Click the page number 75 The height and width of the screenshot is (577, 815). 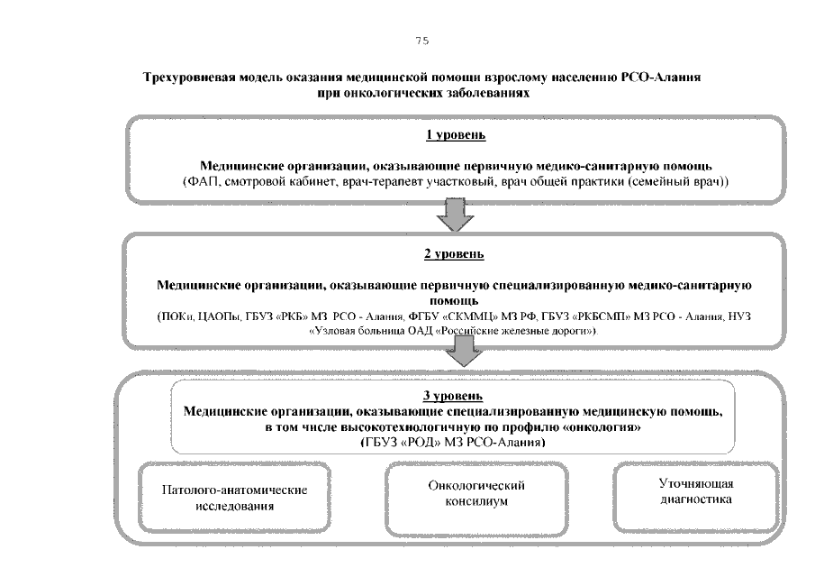(x=422, y=41)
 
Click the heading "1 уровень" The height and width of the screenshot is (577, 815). (x=456, y=134)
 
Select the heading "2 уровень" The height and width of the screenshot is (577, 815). (x=454, y=254)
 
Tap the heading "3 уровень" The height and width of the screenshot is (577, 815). (x=453, y=396)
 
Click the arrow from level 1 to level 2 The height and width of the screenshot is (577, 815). (x=455, y=215)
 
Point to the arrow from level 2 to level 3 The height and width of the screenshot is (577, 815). (x=464, y=350)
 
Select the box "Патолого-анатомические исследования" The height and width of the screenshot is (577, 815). (x=234, y=498)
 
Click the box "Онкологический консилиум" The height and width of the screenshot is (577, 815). (x=476, y=499)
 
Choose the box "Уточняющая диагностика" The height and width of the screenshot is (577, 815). (x=696, y=497)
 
